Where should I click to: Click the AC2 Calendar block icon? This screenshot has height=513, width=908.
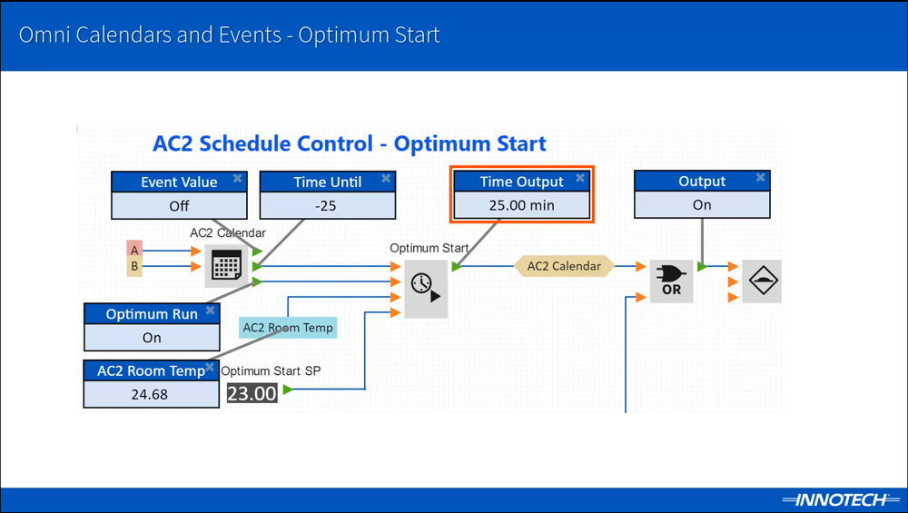point(226,266)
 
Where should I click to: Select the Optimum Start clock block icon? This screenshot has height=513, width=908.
point(425,288)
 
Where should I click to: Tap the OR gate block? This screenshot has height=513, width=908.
point(672,281)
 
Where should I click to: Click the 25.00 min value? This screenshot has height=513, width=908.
point(521,205)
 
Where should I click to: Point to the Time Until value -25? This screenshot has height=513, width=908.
point(327,206)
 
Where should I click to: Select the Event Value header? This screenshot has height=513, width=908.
point(179,183)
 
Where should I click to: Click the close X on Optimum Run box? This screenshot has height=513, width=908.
point(211,311)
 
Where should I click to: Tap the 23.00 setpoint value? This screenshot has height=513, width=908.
point(252,394)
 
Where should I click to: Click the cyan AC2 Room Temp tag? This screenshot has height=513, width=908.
point(288,328)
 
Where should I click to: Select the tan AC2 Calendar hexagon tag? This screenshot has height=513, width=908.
point(564,266)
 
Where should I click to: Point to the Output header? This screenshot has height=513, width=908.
point(702,182)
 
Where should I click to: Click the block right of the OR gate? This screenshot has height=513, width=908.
point(761,281)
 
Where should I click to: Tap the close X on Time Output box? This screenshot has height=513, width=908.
point(580,179)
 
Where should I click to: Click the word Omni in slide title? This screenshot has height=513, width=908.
point(44,35)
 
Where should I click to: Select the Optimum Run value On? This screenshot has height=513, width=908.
point(152,338)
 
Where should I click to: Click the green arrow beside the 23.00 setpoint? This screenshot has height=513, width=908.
point(288,390)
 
